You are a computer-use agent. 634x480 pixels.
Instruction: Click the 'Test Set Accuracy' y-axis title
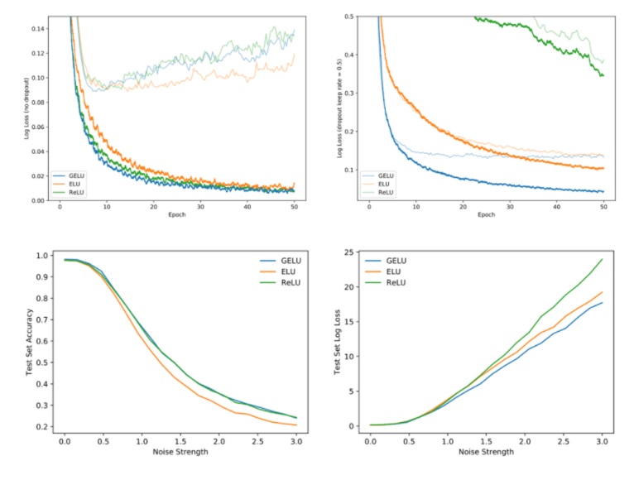click(x=29, y=340)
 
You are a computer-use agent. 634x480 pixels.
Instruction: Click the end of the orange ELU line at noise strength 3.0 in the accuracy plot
click(x=295, y=425)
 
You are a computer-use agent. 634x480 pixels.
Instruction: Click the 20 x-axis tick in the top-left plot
click(x=153, y=206)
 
